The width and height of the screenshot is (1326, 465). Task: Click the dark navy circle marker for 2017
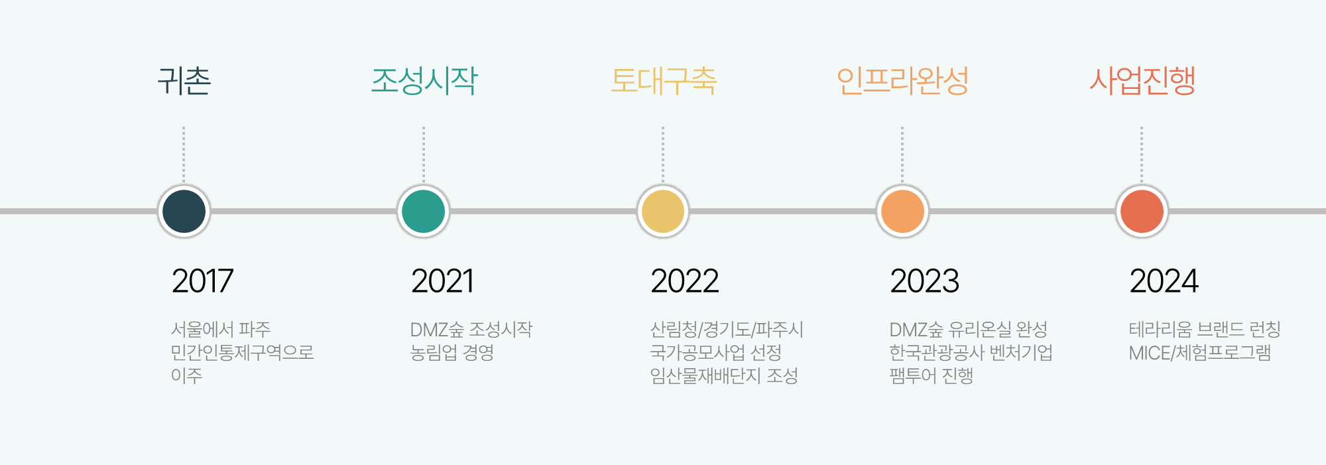tap(184, 212)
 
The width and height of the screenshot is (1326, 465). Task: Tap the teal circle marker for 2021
tap(423, 212)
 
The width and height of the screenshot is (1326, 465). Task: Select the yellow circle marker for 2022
tap(663, 212)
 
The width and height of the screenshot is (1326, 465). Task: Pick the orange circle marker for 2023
tap(902, 212)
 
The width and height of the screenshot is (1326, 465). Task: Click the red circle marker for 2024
tap(1142, 212)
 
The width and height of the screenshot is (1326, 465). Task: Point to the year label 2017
tap(202, 281)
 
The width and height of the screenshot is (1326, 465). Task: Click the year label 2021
tap(442, 281)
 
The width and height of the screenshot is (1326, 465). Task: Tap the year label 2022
tap(684, 281)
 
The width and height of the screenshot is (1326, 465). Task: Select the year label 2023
tap(924, 281)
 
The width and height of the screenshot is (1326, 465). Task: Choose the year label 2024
tap(1164, 281)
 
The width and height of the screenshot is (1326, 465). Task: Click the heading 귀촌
tap(184, 81)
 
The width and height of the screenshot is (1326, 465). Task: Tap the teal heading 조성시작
tap(424, 81)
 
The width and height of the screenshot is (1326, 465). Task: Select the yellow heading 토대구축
tap(664, 81)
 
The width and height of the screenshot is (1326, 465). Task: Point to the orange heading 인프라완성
tap(902, 81)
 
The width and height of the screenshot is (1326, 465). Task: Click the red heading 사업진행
tap(1142, 81)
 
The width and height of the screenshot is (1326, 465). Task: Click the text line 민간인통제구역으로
tap(242, 352)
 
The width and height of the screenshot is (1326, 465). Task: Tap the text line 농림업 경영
tap(452, 352)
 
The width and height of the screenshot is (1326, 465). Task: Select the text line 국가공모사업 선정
tap(715, 352)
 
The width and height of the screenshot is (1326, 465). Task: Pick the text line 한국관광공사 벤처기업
tap(971, 352)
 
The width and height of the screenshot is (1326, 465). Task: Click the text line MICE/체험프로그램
tap(1199, 352)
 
